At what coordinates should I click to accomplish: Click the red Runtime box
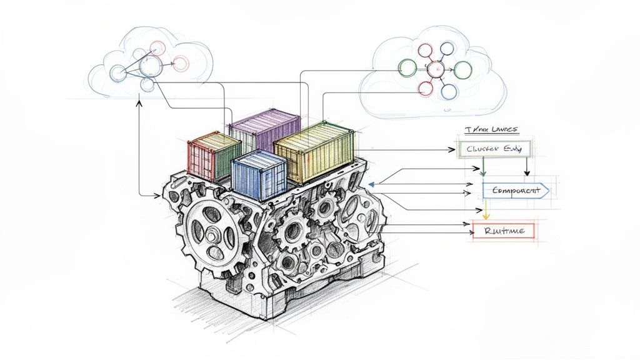point(503,231)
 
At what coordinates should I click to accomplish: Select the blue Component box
point(514,191)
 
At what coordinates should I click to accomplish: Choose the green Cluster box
point(494,149)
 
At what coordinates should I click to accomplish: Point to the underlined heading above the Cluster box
point(491,129)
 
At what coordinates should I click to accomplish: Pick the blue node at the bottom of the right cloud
point(449,91)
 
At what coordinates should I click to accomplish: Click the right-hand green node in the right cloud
point(462,70)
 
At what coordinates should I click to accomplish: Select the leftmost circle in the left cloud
point(117,73)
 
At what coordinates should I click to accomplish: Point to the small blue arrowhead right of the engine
point(372,184)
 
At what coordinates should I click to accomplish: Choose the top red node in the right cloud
point(425,49)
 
